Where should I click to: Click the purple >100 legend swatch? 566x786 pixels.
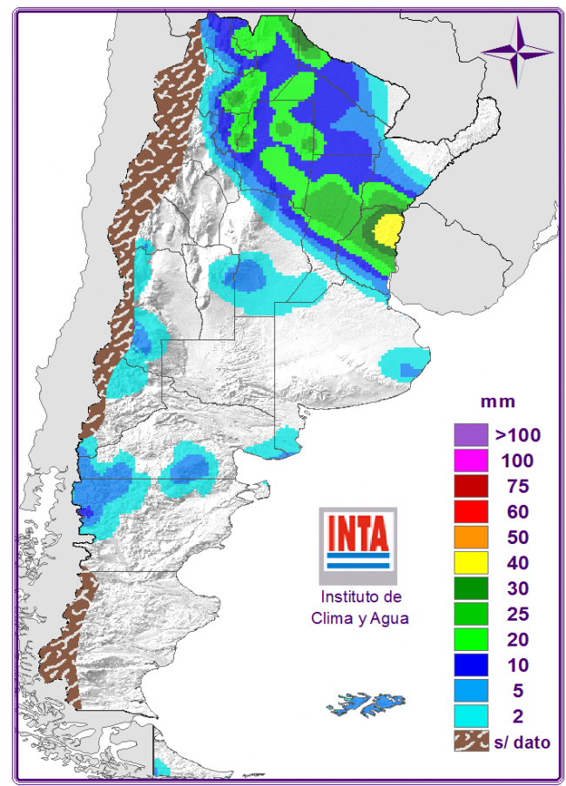coord(470,433)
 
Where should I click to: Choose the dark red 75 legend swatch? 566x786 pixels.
coord(470,485)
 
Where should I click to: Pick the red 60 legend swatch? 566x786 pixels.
coord(470,511)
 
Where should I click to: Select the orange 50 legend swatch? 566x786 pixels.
coord(470,536)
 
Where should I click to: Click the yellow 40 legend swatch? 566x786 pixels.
coord(470,562)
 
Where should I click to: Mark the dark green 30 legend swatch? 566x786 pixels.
coord(470,588)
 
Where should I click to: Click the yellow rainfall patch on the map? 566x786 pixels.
coord(387,230)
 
